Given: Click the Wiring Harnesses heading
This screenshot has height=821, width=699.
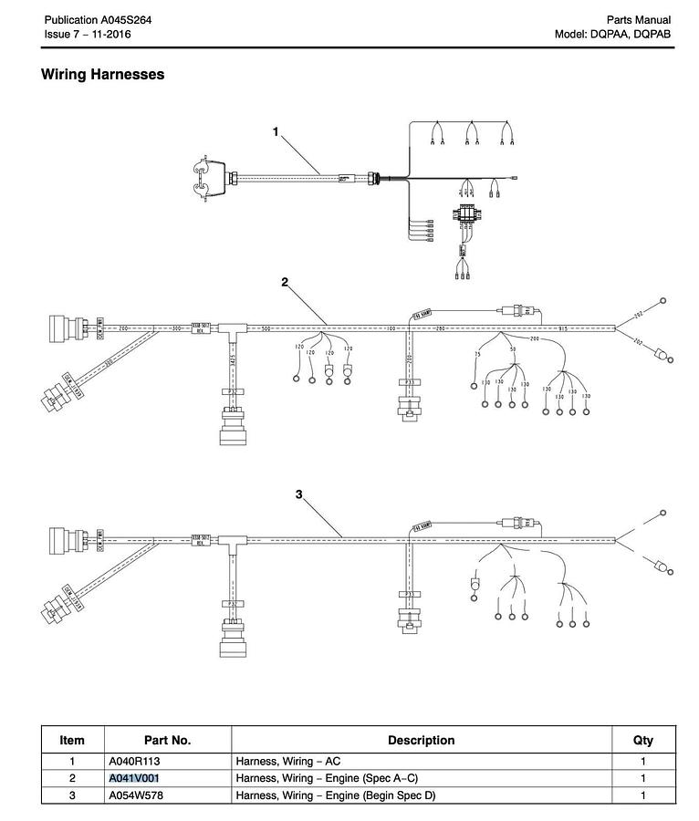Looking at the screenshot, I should (x=102, y=75).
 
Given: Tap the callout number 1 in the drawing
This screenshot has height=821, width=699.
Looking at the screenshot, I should (x=276, y=132).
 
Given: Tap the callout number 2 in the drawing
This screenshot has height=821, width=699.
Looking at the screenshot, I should (x=285, y=282).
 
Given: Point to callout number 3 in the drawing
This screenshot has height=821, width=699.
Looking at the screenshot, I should (x=298, y=494).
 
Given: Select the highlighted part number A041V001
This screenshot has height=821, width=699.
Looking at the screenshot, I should (x=133, y=778).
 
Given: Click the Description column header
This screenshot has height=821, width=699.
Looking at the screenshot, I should (x=421, y=740).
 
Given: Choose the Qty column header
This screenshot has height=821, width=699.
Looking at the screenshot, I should (x=642, y=740).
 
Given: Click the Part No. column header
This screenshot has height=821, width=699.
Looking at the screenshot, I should (x=167, y=740).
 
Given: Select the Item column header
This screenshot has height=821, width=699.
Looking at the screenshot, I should (x=72, y=740).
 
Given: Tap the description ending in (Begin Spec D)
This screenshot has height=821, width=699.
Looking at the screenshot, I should (x=336, y=795).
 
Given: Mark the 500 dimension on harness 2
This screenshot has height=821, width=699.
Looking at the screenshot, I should (x=266, y=328).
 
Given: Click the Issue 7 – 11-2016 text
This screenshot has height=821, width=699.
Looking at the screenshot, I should (x=89, y=35).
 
